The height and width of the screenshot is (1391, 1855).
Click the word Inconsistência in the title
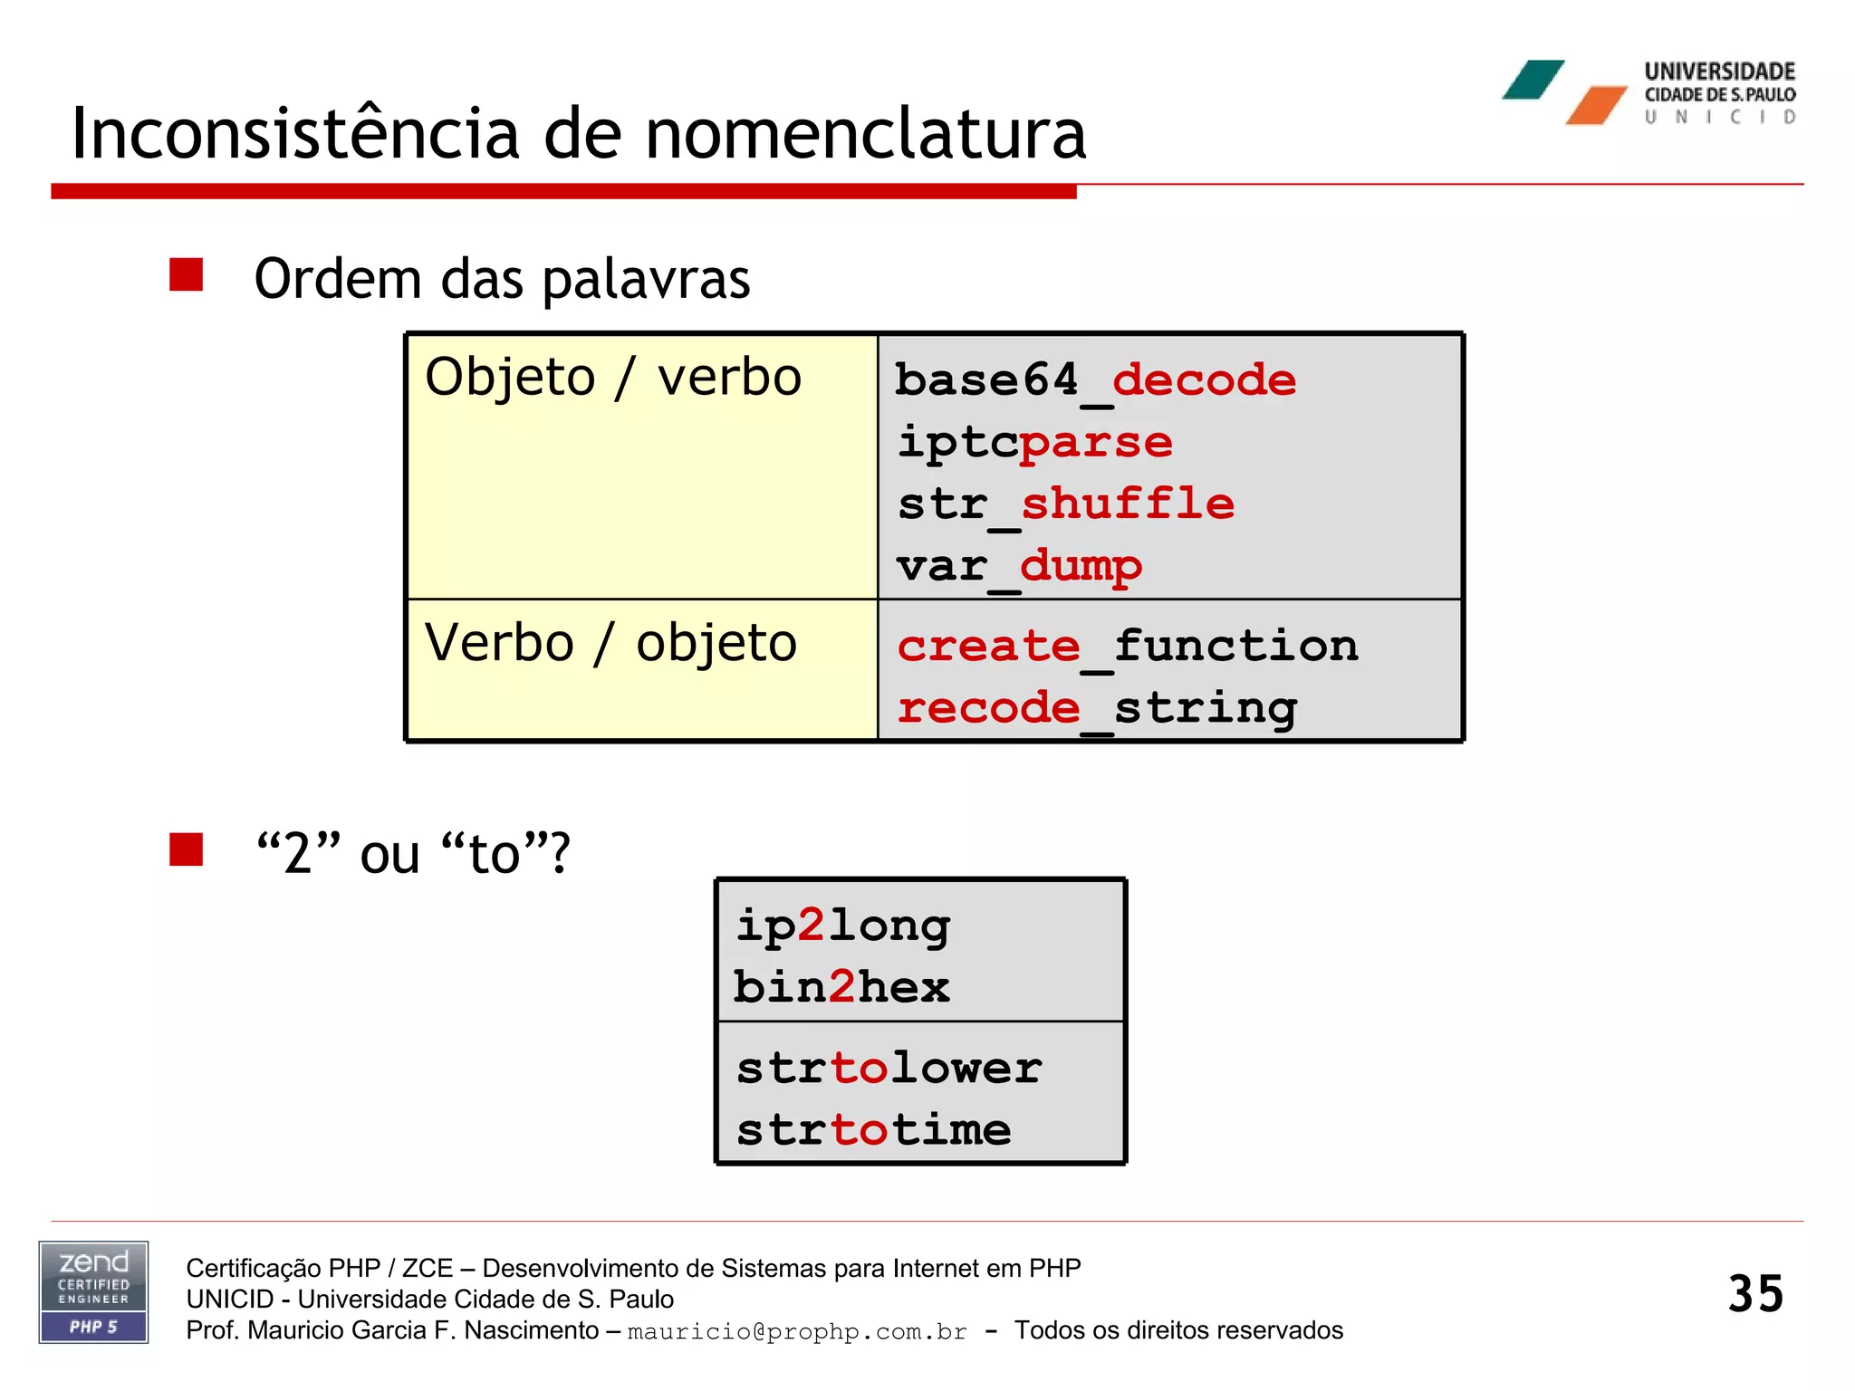[x=295, y=134]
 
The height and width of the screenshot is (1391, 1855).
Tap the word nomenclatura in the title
[x=865, y=134]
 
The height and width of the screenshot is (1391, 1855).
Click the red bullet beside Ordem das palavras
[x=186, y=274]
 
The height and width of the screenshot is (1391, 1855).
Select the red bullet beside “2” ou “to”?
[x=186, y=849]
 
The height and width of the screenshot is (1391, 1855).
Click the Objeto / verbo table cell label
[x=613, y=377]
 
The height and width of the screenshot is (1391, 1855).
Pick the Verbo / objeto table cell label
[x=610, y=643]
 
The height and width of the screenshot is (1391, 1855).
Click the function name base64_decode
[x=1095, y=380]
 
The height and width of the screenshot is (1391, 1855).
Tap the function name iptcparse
[x=1034, y=443]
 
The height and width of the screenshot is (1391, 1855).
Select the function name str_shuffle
[x=1065, y=504]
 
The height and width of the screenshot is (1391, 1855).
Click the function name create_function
[x=1128, y=647]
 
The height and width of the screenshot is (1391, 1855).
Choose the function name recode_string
[x=1097, y=708]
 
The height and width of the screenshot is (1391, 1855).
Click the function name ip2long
[x=842, y=926]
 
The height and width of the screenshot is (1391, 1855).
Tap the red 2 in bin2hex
[x=842, y=987]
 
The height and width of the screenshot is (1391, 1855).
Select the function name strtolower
[x=889, y=1068]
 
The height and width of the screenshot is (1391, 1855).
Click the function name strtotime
[x=873, y=1129]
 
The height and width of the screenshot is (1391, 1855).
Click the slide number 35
[x=1754, y=1293]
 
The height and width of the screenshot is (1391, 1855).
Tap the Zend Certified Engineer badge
[x=93, y=1291]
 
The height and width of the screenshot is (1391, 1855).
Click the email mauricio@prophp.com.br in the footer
[x=797, y=1331]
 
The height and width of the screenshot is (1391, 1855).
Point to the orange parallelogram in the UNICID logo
[x=1597, y=105]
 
